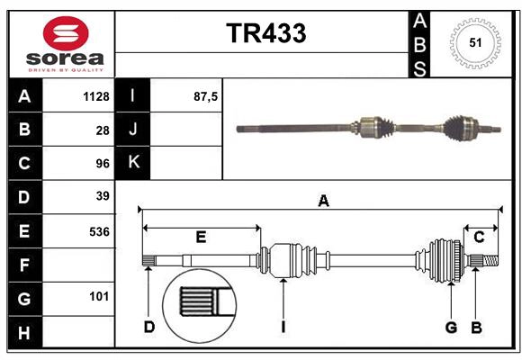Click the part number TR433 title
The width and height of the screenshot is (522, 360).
(265, 33)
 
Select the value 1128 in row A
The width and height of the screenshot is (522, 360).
(95, 96)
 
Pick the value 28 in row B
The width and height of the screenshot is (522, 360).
(102, 130)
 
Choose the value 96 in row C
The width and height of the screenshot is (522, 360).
(102, 164)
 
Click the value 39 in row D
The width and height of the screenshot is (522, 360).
(102, 195)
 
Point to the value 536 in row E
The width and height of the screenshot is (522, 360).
(98, 230)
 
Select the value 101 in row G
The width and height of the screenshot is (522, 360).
(99, 296)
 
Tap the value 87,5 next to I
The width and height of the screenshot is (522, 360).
(206, 96)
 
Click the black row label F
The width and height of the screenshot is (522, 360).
(24, 265)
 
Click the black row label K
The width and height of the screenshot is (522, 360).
(133, 163)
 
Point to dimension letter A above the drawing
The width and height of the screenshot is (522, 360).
(323, 202)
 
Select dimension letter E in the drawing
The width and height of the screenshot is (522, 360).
(201, 238)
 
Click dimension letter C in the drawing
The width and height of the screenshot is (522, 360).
(479, 238)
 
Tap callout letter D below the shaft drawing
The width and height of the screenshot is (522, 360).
(148, 327)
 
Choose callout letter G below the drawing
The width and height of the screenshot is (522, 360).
(451, 327)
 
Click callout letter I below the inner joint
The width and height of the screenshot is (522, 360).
(283, 327)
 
